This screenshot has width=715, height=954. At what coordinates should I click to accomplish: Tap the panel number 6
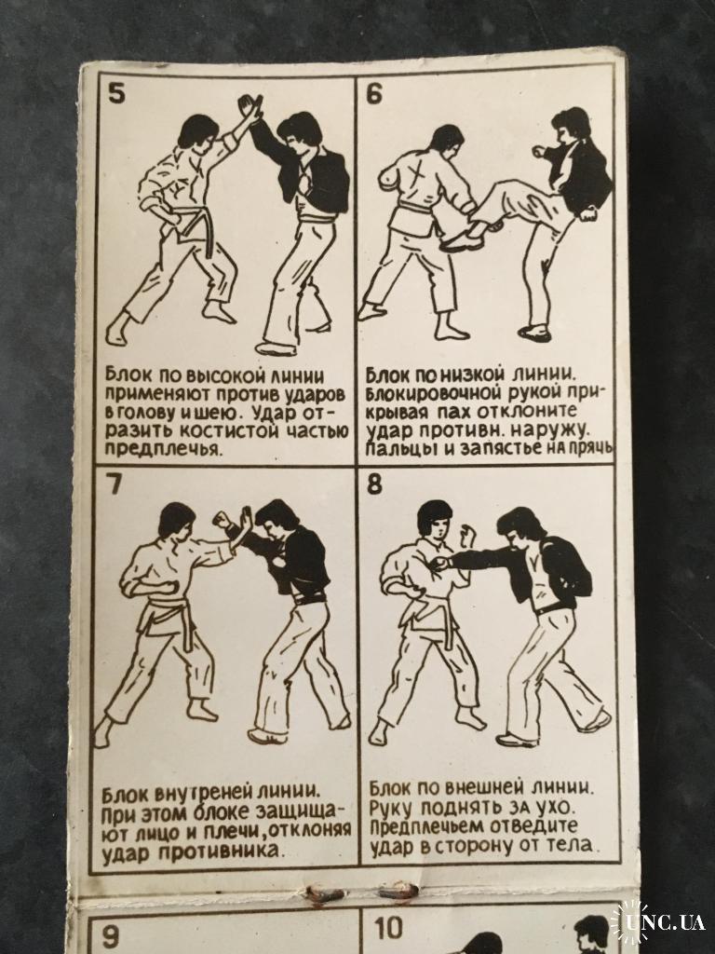374,93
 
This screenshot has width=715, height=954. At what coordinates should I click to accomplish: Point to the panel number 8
374,484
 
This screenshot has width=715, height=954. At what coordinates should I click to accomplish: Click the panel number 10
388,929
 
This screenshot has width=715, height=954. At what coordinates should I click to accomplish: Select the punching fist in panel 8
438,563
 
